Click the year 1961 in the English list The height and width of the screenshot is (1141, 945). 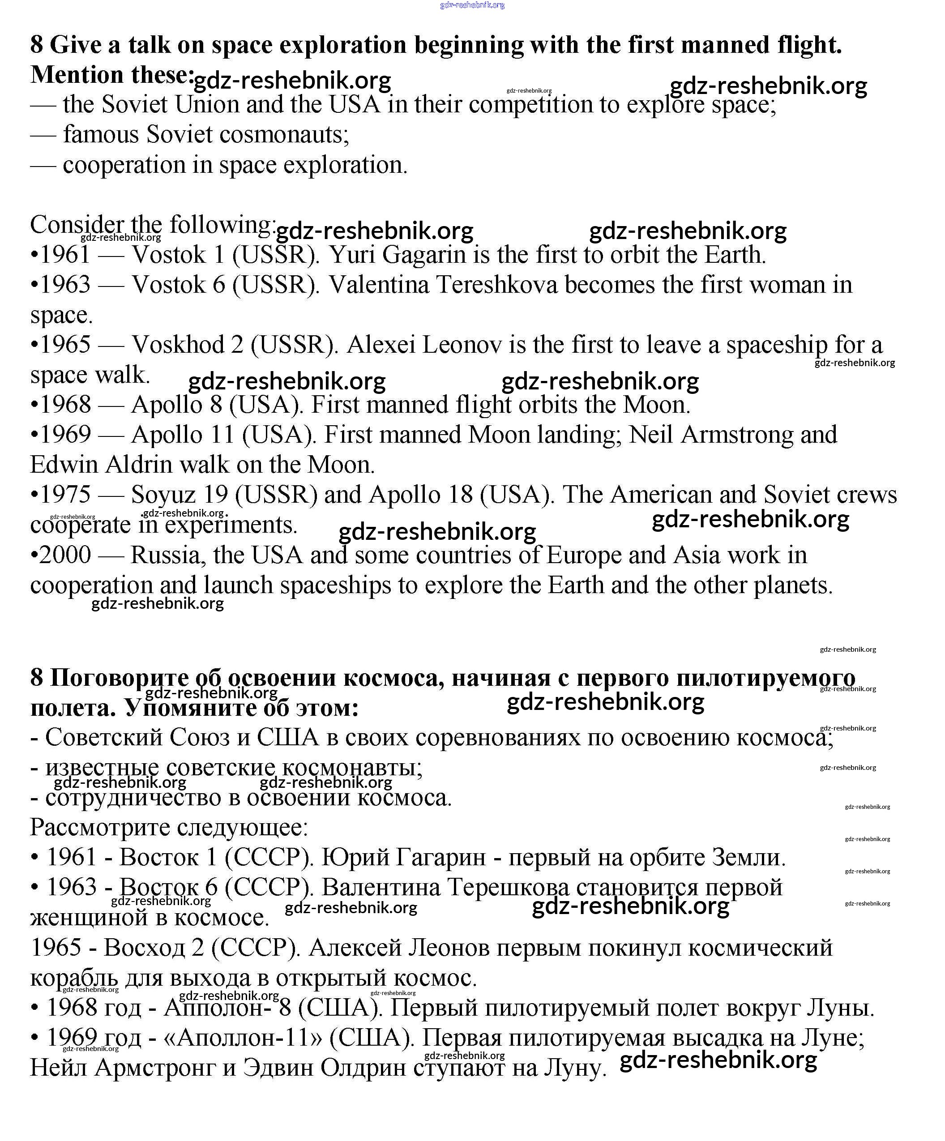point(65,255)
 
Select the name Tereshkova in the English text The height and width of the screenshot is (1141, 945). point(497,285)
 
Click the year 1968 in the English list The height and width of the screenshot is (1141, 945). point(65,405)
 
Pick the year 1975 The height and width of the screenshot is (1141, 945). point(65,495)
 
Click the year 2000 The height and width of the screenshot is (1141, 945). point(65,555)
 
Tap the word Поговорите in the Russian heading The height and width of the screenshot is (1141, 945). point(120,678)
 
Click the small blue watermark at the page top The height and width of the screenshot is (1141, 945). point(472,5)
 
